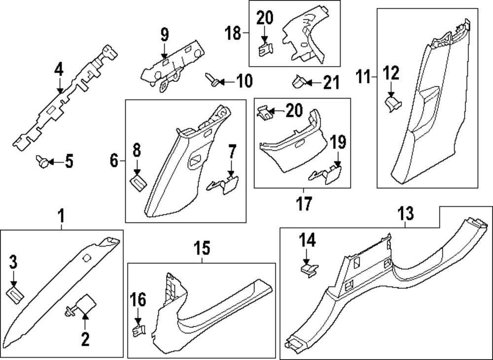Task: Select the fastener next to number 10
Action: point(212,79)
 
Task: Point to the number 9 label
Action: point(164,35)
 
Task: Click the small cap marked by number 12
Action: point(392,103)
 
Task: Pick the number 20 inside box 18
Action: point(264,18)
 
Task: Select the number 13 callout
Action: point(406,215)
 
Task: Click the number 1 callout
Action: point(61,216)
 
